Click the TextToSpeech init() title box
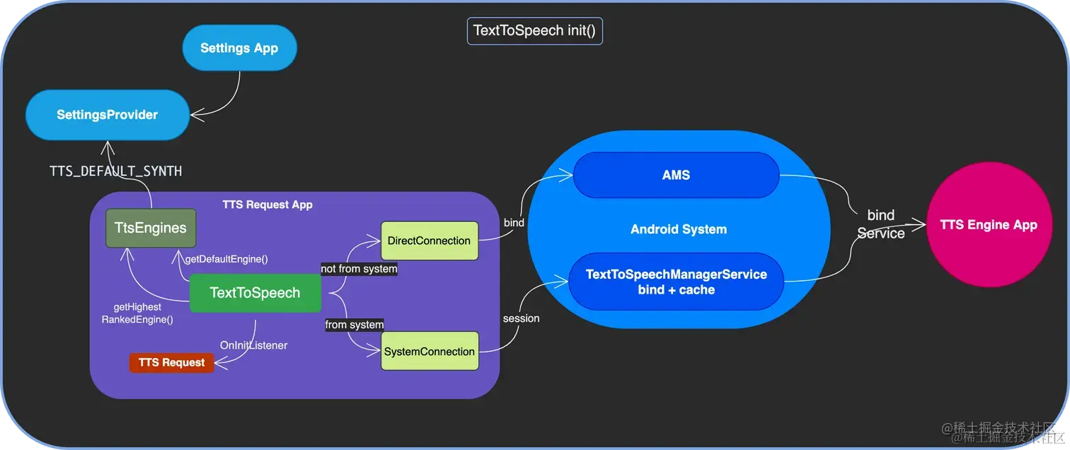pos(534,31)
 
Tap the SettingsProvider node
pos(107,115)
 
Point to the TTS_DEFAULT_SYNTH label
pos(115,171)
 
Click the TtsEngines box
pos(151,228)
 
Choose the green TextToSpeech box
pos(255,293)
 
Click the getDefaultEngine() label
pos(226,259)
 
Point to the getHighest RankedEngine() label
pos(137,313)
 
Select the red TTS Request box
pos(171,362)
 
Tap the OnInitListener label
pos(253,345)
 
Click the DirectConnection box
pos(429,241)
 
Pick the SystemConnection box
pos(429,352)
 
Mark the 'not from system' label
pos(359,269)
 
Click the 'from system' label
pos(354,325)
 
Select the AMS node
pos(676,175)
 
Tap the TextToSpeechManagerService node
pos(676,282)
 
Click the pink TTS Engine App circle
pos(988,225)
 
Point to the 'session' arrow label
pos(521,318)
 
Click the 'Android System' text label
pos(678,229)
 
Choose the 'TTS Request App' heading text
pos(267,204)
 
